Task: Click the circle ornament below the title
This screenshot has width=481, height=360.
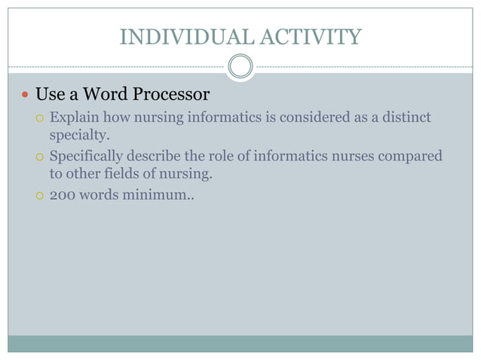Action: click(x=240, y=66)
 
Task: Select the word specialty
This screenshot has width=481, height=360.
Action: click(x=76, y=136)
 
